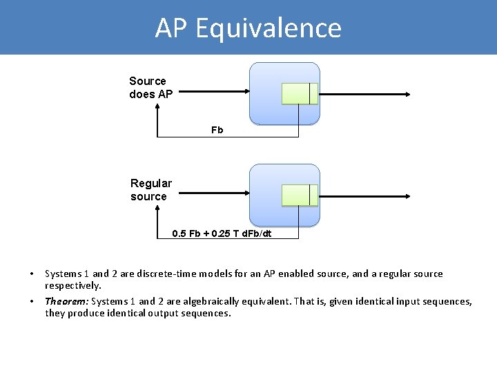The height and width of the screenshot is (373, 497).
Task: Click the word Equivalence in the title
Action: (269, 28)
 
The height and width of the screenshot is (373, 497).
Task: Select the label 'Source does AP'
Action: (150, 88)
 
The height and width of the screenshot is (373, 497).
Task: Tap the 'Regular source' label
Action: (150, 190)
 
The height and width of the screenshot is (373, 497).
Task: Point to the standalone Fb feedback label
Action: (217, 130)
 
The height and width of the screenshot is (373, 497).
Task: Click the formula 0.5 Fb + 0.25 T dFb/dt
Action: (222, 233)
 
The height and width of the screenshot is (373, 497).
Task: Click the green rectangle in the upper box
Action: (299, 94)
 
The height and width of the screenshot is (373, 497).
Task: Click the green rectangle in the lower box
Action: (299, 195)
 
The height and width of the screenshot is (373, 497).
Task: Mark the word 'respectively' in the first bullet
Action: (72, 285)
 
